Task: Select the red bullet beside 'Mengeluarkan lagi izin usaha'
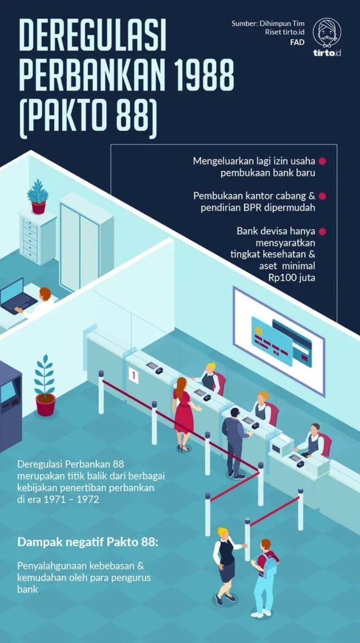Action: [x=322, y=161]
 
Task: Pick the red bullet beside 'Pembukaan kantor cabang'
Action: [x=322, y=196]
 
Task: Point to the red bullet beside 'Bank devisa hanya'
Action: [x=322, y=231]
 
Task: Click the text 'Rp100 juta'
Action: [x=292, y=278]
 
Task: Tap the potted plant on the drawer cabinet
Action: [x=38, y=197]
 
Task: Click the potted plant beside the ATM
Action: [x=45, y=386]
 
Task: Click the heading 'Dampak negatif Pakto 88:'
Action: [x=88, y=542]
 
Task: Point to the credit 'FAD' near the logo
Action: [x=297, y=42]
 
